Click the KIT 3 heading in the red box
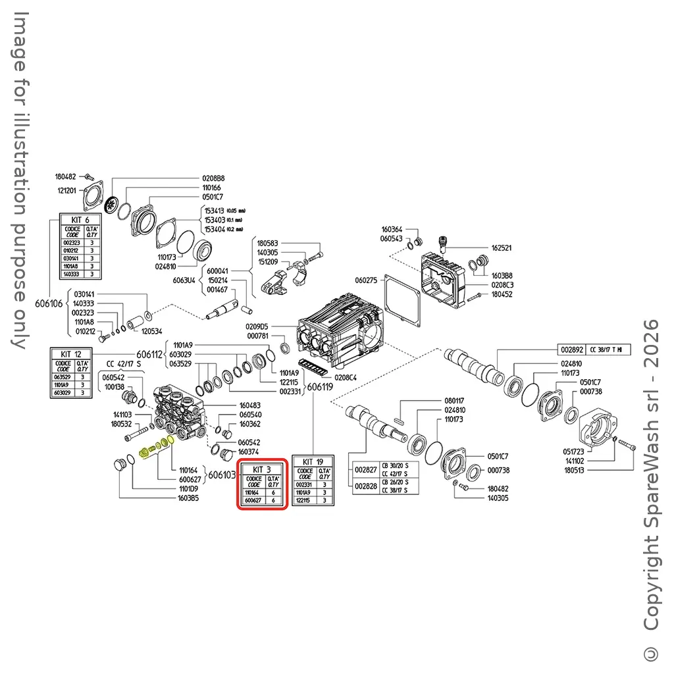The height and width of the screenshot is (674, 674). coord(261,469)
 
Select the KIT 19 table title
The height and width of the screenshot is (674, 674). coord(314,462)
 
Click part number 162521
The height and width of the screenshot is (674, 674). coord(502,248)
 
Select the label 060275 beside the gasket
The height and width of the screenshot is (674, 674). coord(367,280)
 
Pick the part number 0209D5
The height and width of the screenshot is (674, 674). coord(257,326)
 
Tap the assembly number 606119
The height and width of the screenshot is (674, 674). coord(320,388)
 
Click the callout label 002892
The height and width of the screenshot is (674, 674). coord(570,349)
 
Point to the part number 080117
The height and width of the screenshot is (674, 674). coord(454,401)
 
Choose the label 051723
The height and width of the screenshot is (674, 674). coord(574,452)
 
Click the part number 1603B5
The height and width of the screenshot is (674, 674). coord(188,498)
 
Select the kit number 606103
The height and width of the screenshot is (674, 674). coord(221,475)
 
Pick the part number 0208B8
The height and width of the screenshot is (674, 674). coord(213,178)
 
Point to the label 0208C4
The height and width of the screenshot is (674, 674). coord(346,378)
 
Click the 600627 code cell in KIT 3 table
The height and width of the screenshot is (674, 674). coord(251,500)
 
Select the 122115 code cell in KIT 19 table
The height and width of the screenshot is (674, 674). coord(304,500)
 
